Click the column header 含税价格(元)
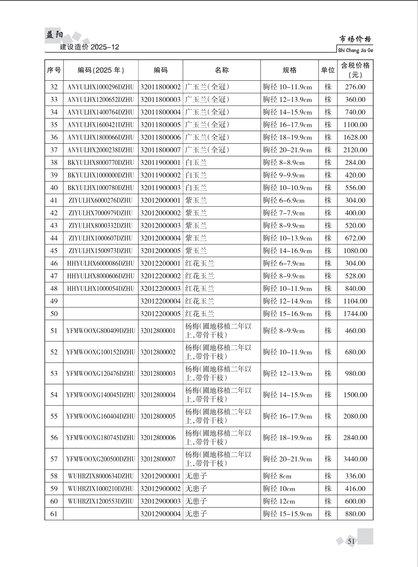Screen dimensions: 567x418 point(355,70)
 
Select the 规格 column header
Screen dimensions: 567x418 point(289,70)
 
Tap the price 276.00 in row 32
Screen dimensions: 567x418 point(355,87)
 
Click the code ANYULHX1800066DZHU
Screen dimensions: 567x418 point(101,137)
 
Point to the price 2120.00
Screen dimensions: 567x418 point(355,150)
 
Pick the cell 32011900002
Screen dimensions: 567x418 point(160,175)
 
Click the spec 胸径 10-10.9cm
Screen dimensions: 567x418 point(287,188)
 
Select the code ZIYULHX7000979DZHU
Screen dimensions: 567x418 point(101,213)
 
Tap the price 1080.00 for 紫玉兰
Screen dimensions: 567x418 point(355,251)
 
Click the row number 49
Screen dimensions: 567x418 point(54,301)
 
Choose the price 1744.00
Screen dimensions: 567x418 point(355,314)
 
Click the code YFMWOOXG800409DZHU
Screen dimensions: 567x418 point(101,331)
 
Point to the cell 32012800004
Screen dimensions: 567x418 point(158,395)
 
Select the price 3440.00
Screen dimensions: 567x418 point(355,459)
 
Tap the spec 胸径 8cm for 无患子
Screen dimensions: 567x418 point(277,476)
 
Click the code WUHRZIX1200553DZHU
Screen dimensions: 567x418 point(101,501)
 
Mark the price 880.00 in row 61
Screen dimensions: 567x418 point(355,514)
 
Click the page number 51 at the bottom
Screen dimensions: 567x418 point(351,541)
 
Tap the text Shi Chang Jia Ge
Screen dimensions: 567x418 point(355,51)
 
